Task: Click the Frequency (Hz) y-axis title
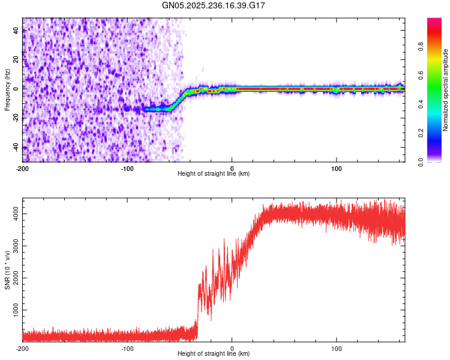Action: click(x=7, y=90)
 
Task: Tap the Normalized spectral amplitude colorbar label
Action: click(x=446, y=90)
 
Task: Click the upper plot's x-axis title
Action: click(x=214, y=174)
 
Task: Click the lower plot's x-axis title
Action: click(x=214, y=354)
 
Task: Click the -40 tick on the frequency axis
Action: click(x=16, y=148)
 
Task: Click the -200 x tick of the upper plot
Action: click(x=23, y=168)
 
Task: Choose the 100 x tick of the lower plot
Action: click(x=337, y=348)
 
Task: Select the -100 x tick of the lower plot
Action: click(x=127, y=348)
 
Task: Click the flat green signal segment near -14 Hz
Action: click(x=157, y=109)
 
